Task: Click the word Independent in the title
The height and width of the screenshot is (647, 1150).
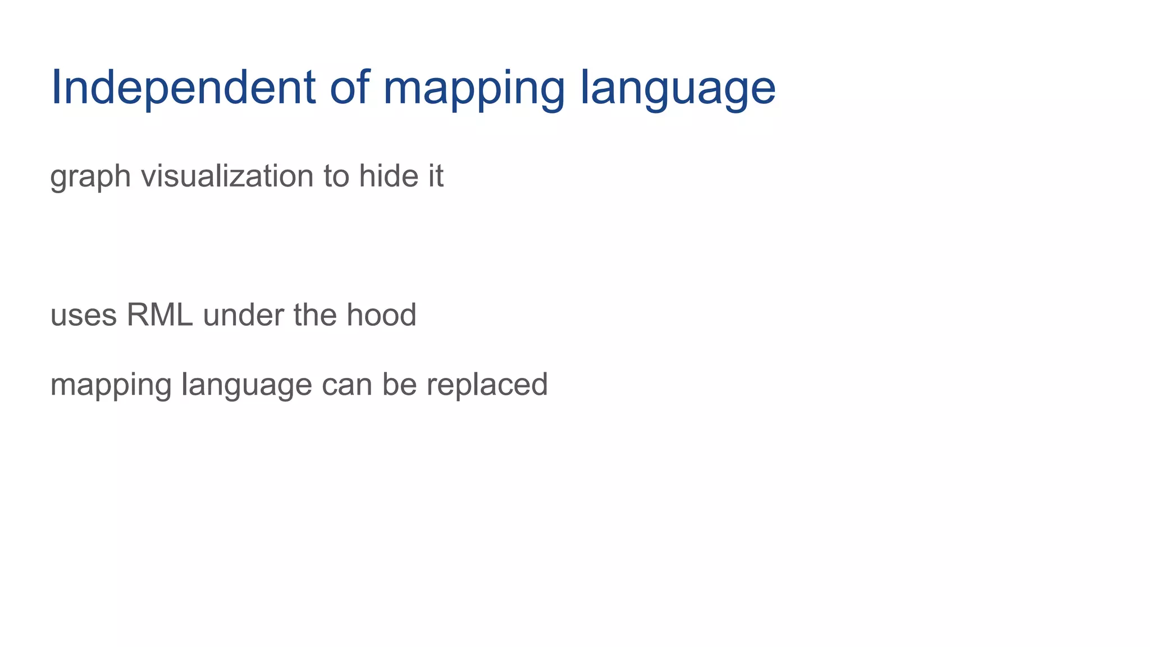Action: pyautogui.click(x=183, y=88)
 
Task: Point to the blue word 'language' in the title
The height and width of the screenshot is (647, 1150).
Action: pyautogui.click(x=678, y=90)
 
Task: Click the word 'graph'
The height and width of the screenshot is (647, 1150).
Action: pyautogui.click(x=90, y=177)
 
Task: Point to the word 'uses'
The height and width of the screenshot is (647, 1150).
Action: pyautogui.click(x=84, y=316)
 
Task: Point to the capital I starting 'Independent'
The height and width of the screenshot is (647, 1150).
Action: pyautogui.click(x=56, y=88)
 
